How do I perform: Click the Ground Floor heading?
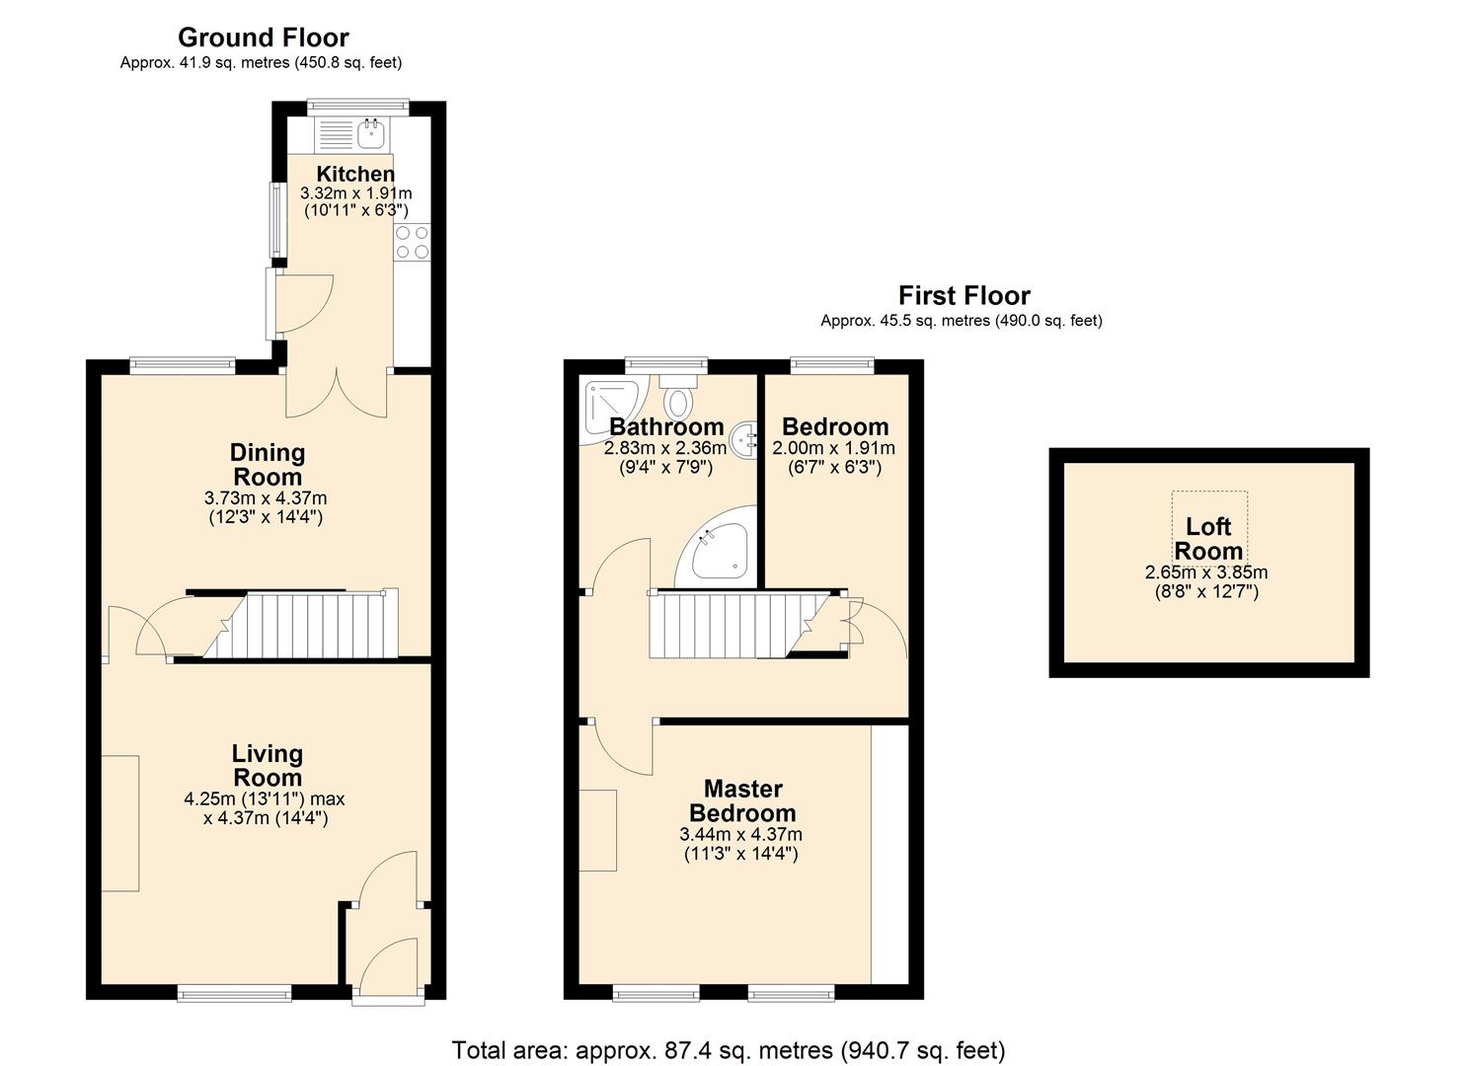[x=263, y=38]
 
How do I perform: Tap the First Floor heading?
[x=964, y=295]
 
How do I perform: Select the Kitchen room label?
[x=355, y=174]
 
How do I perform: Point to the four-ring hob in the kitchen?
[x=413, y=243]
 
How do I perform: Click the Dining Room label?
[x=267, y=465]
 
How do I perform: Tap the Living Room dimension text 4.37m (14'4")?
[x=266, y=818]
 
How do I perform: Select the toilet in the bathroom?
[x=678, y=400]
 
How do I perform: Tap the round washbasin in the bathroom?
[x=744, y=435]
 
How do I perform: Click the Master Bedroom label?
[x=742, y=801]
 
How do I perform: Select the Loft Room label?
[x=1207, y=539]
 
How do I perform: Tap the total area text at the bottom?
[x=728, y=1050]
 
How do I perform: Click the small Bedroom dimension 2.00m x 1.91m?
[x=833, y=448]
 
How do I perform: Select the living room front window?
[x=234, y=994]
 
